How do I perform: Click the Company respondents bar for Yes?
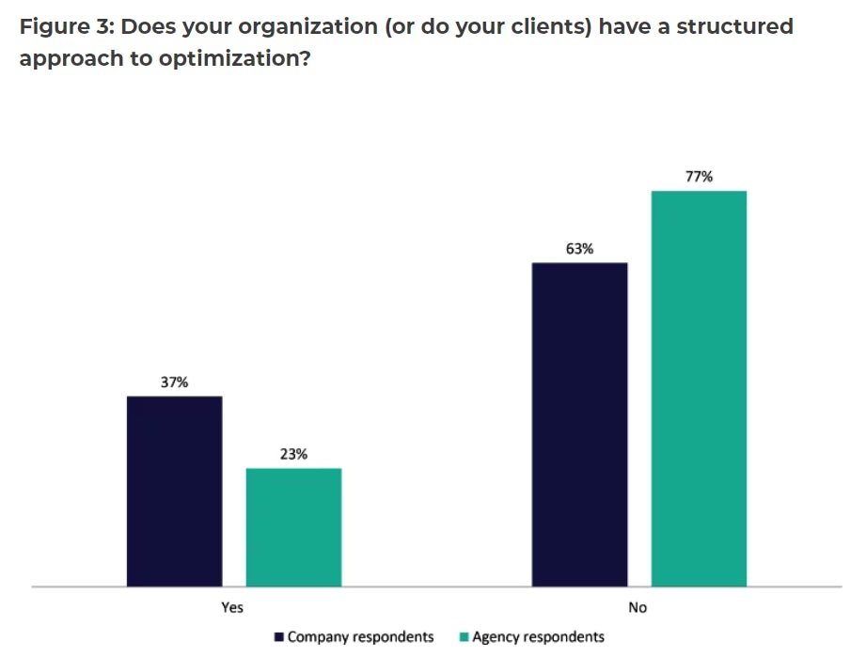click(x=174, y=491)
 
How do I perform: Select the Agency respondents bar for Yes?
click(x=293, y=526)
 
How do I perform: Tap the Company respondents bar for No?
click(x=579, y=424)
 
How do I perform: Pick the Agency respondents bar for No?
click(x=699, y=388)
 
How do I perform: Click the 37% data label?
click(x=174, y=383)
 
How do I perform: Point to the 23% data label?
click(x=293, y=455)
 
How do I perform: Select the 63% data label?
click(x=579, y=249)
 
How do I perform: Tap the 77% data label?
click(x=699, y=177)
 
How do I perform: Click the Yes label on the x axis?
click(x=232, y=607)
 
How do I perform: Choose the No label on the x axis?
click(x=638, y=607)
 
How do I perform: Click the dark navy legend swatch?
click(x=279, y=637)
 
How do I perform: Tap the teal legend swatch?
click(x=464, y=637)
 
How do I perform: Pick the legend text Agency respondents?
click(x=538, y=637)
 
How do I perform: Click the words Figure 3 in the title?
click(x=65, y=26)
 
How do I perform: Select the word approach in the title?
click(x=71, y=58)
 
